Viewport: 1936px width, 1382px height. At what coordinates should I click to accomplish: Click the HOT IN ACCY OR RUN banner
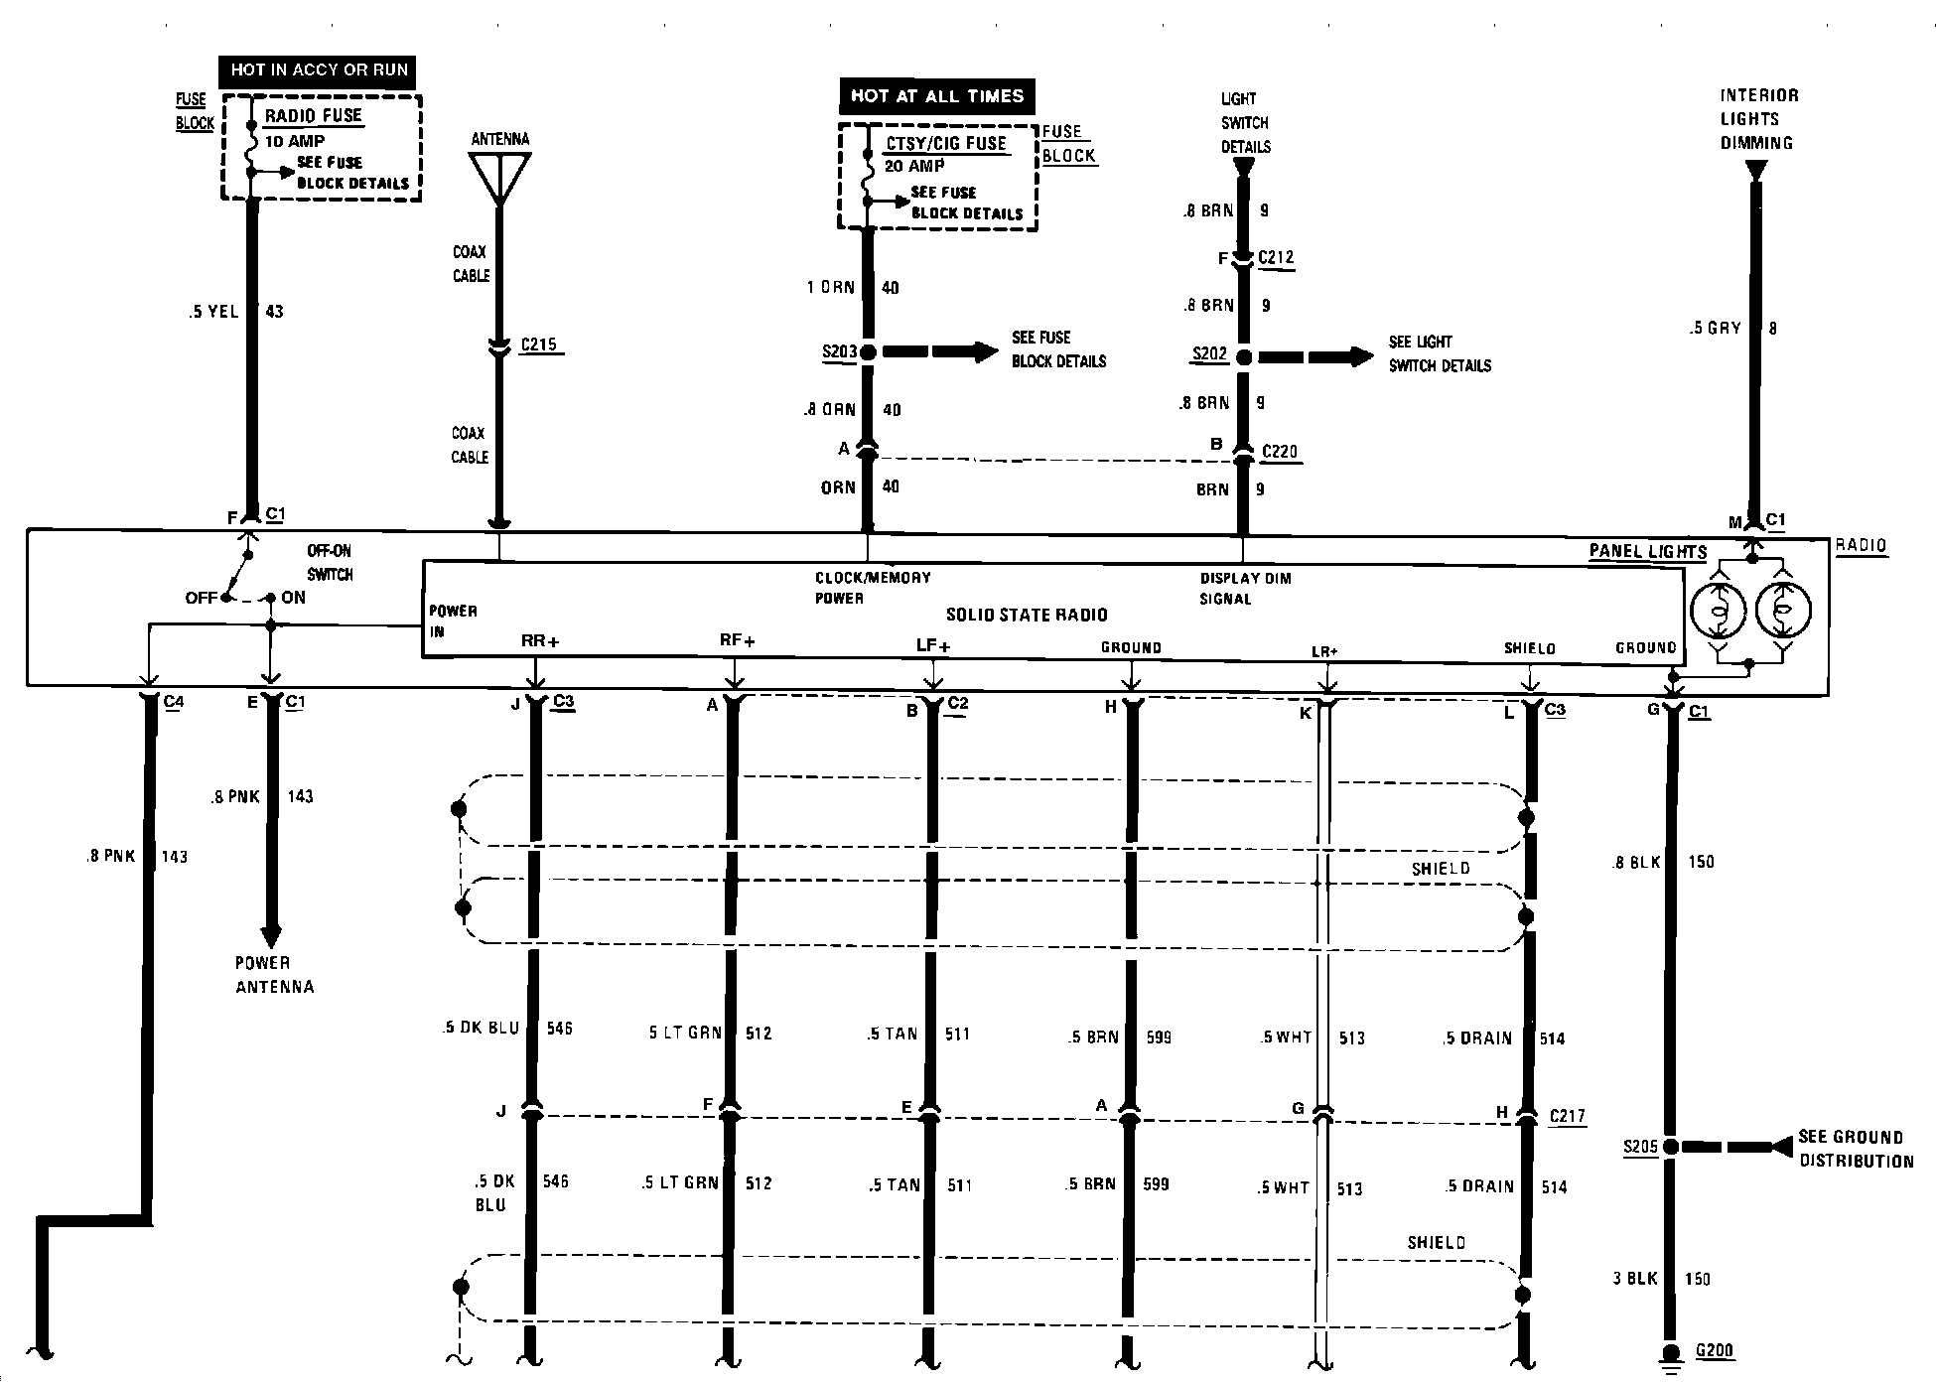[319, 69]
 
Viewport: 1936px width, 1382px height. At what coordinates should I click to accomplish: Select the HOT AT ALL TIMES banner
[936, 96]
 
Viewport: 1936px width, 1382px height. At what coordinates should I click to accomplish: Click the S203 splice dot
[867, 352]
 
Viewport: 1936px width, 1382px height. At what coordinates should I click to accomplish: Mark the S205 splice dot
[1671, 1147]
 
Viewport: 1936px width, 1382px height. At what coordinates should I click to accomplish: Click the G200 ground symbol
[1671, 1356]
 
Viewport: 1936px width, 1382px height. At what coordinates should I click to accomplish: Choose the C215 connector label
[539, 345]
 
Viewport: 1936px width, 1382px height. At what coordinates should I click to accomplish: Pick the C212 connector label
[1276, 258]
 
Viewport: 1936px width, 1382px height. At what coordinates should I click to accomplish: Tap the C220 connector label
[1280, 452]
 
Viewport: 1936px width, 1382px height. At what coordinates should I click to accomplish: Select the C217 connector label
[1568, 1116]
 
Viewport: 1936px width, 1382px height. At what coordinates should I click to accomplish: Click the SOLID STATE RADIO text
[1027, 615]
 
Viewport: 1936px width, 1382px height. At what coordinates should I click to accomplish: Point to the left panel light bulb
[1719, 609]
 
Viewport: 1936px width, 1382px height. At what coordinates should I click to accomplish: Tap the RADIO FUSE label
[314, 115]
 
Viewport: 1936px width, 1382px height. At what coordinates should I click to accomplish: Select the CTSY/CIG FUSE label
[946, 144]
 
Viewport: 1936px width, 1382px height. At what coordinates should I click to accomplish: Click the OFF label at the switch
[202, 598]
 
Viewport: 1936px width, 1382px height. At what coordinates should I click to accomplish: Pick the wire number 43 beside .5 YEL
[274, 312]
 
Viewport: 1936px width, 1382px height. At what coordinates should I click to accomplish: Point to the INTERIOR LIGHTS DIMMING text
[1759, 119]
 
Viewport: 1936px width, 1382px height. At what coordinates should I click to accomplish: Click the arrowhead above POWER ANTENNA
[270, 936]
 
